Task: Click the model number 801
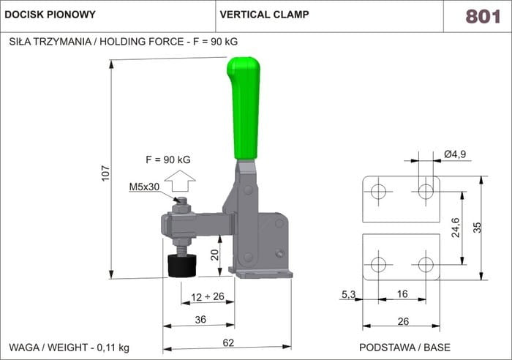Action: [483, 15]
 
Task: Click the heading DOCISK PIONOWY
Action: [50, 15]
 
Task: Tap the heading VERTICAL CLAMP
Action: [264, 15]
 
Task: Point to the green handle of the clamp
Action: [244, 106]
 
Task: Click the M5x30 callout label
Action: [144, 187]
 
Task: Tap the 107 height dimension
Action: [105, 173]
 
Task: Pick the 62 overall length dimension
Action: [227, 342]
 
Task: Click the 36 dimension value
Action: [200, 319]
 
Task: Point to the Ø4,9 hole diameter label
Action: [455, 154]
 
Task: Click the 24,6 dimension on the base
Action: [455, 228]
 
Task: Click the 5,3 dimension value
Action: [348, 295]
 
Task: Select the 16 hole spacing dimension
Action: [402, 295]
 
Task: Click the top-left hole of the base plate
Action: [377, 192]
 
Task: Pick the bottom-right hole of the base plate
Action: [425, 263]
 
